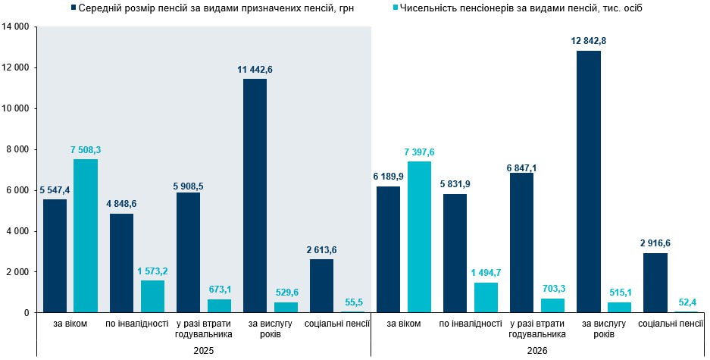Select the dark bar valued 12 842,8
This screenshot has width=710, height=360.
588,182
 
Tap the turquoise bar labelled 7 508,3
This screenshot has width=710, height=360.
85,236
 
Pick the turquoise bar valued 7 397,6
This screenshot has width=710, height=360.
419,236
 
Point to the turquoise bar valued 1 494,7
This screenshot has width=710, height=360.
486,297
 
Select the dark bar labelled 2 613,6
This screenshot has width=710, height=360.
321,286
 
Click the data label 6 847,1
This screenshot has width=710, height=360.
521,167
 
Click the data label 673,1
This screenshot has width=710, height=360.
220,289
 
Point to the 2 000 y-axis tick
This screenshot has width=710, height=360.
18,272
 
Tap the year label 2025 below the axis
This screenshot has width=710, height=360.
203,351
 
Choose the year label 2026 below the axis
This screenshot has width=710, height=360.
536,351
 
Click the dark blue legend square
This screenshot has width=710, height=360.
73,8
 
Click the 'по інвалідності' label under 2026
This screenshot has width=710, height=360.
470,324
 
